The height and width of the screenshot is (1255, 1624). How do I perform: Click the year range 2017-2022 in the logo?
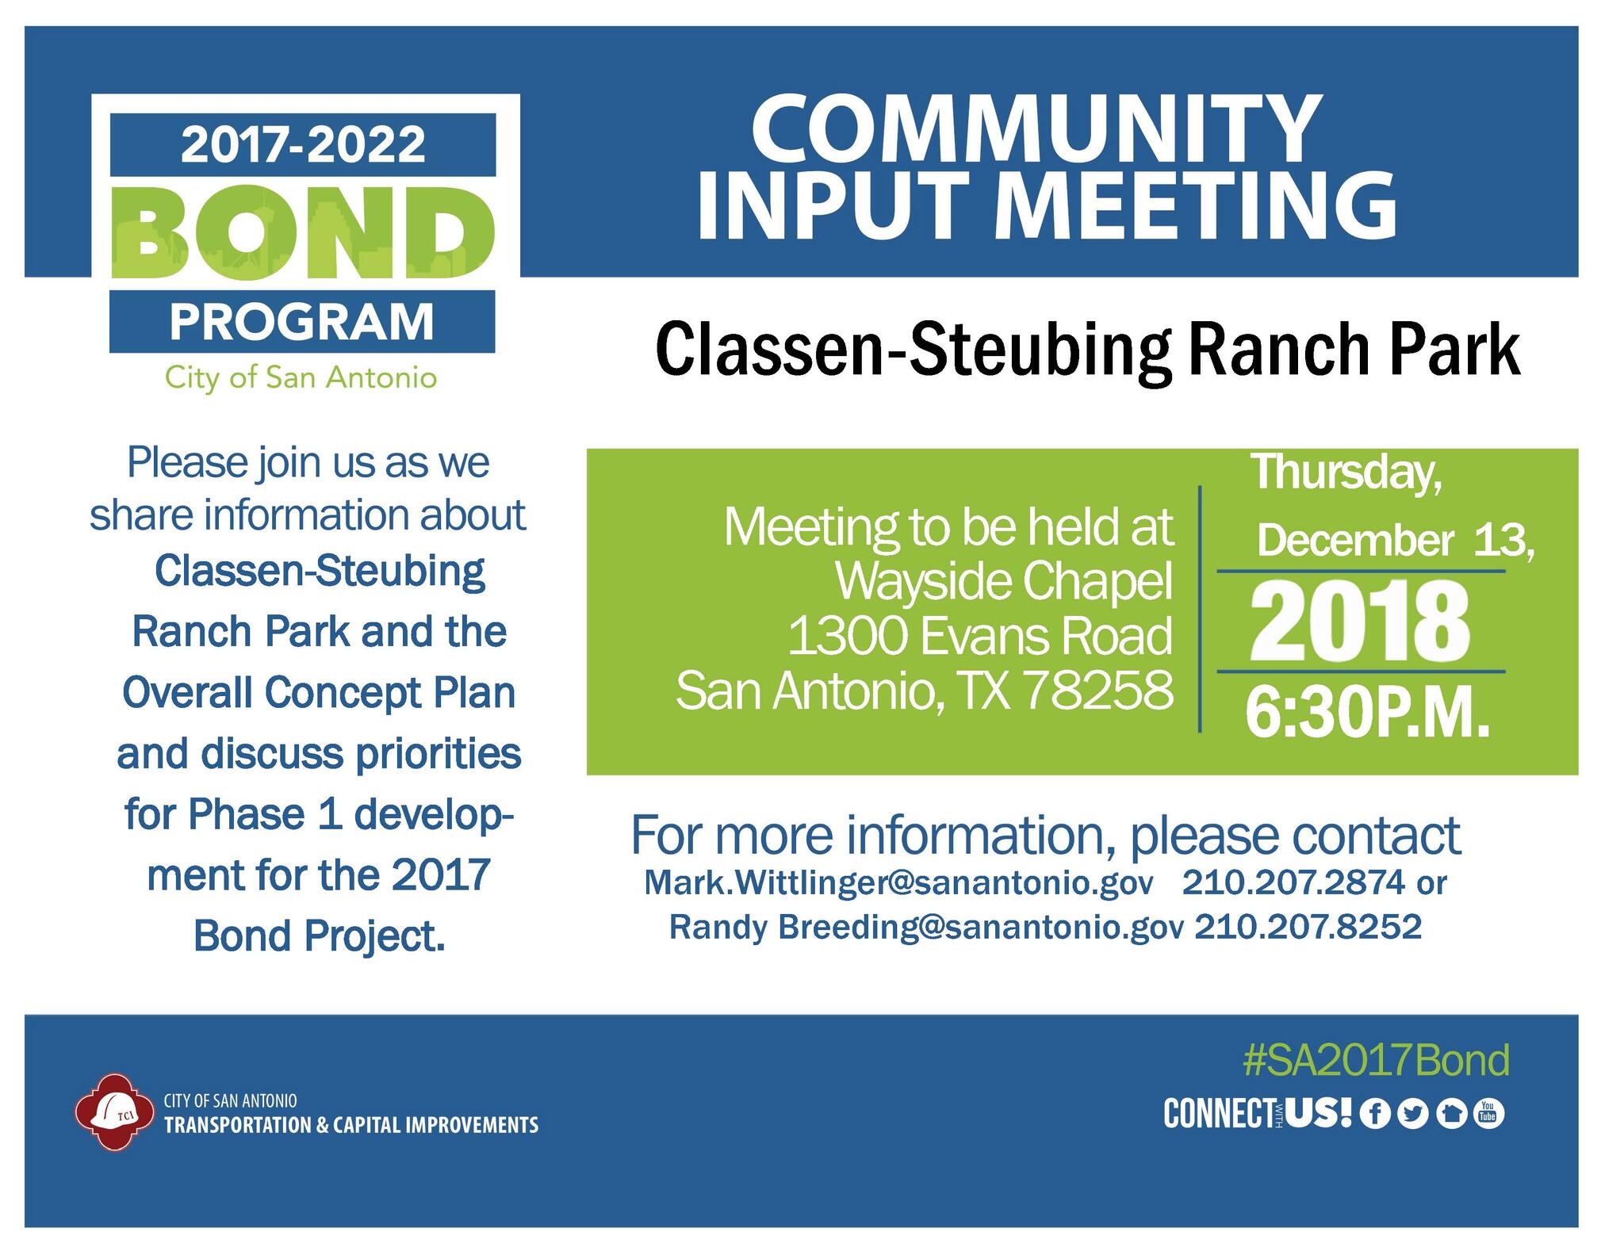[302, 144]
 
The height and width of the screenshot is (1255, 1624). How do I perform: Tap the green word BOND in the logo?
[302, 233]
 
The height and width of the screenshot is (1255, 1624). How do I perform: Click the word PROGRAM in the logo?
[302, 322]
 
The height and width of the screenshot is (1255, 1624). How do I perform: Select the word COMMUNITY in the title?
[1036, 128]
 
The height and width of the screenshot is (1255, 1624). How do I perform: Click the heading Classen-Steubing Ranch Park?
[1087, 350]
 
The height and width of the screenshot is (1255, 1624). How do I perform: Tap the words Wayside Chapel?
[1004, 582]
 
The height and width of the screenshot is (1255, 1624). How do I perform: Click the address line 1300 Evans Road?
[980, 637]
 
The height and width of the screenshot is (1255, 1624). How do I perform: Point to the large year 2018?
[1359, 622]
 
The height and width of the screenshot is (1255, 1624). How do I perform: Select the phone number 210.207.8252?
[1308, 926]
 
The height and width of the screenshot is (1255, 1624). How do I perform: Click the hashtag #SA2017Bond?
[1376, 1060]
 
